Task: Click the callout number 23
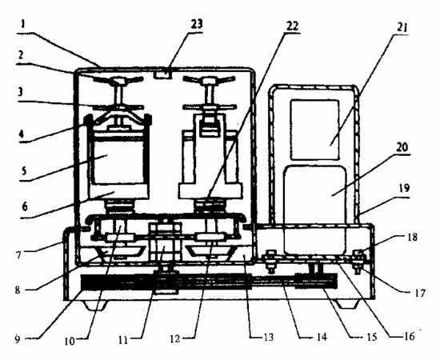click(x=197, y=25)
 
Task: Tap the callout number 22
click(x=292, y=26)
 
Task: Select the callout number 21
click(x=402, y=28)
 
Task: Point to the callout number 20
click(x=402, y=147)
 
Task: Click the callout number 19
click(x=404, y=188)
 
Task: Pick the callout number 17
click(x=420, y=294)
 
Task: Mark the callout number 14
click(x=322, y=337)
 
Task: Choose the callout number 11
click(x=122, y=340)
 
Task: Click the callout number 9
click(x=18, y=339)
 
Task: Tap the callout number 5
click(x=25, y=170)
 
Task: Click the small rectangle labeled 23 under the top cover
click(x=163, y=74)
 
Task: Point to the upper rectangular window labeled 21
click(x=315, y=130)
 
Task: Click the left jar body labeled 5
click(x=118, y=161)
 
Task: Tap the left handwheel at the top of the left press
click(x=118, y=81)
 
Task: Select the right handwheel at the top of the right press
click(x=209, y=80)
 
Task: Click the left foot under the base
click(x=95, y=306)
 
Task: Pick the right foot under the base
click(x=348, y=304)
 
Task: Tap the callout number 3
click(x=20, y=92)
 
